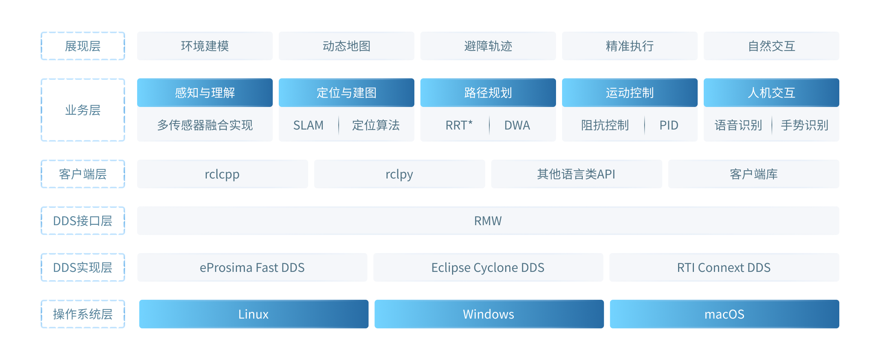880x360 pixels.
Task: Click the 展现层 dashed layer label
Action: pyautogui.click(x=82, y=46)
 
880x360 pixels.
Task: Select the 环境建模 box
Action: pyautogui.click(x=205, y=46)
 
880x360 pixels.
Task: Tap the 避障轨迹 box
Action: pyautogui.click(x=488, y=46)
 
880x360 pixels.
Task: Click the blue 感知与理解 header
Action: pyautogui.click(x=205, y=93)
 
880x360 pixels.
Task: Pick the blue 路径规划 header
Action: pyautogui.click(x=488, y=93)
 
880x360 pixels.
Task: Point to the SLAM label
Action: pyautogui.click(x=308, y=125)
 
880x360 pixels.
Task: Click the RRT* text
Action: pyautogui.click(x=459, y=125)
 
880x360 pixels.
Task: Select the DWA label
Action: pyautogui.click(x=517, y=125)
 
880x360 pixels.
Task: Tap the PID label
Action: pyautogui.click(x=669, y=125)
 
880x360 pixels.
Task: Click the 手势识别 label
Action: pyautogui.click(x=804, y=125)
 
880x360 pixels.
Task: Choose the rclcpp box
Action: pyautogui.click(x=222, y=174)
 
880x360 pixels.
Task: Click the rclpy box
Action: pyautogui.click(x=399, y=174)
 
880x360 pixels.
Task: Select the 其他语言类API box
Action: pyautogui.click(x=576, y=174)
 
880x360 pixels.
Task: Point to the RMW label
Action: pyautogui.click(x=488, y=221)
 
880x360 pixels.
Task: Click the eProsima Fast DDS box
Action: pyautogui.click(x=252, y=267)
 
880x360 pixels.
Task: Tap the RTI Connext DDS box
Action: pyautogui.click(x=724, y=267)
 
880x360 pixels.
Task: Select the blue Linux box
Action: pyautogui.click(x=254, y=314)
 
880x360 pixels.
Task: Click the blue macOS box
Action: pyautogui.click(x=724, y=314)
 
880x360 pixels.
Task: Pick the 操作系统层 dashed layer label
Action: pyautogui.click(x=82, y=314)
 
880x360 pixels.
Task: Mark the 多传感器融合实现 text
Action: pyautogui.click(x=205, y=125)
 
